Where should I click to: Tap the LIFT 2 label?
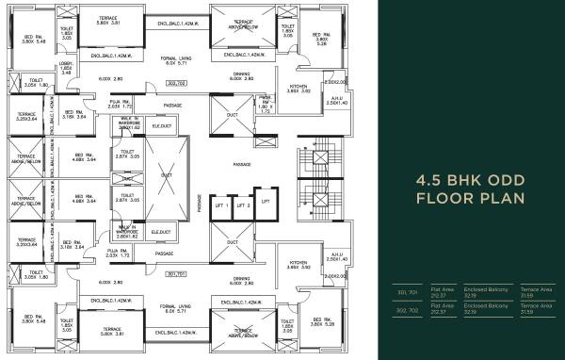(x=243, y=205)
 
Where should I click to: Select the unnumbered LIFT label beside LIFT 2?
(x=266, y=202)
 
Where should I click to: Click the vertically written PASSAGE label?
(x=200, y=202)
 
